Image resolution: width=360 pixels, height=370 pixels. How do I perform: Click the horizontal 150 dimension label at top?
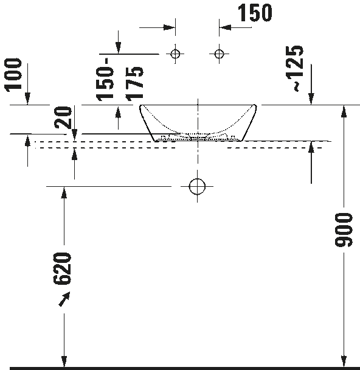[x=255, y=13]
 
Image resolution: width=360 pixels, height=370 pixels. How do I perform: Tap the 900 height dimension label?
[x=344, y=230]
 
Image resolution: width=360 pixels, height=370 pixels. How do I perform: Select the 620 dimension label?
[x=62, y=268]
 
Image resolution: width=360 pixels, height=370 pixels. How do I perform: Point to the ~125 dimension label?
[x=294, y=68]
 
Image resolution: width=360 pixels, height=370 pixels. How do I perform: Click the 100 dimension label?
[x=13, y=75]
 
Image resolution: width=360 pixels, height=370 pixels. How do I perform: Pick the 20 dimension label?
[x=63, y=117]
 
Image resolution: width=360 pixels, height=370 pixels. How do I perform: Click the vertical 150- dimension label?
[x=105, y=79]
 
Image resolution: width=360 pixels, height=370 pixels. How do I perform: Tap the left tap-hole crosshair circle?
[x=175, y=54]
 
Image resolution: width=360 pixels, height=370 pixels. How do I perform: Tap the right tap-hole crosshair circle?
[x=220, y=54]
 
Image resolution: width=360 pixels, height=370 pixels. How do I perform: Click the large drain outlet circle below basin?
[x=197, y=186]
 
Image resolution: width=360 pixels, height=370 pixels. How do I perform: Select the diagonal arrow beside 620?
[x=64, y=299]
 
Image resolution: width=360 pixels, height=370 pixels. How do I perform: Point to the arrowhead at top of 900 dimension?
[x=344, y=111]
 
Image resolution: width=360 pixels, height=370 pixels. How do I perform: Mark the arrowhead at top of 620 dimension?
[x=64, y=192]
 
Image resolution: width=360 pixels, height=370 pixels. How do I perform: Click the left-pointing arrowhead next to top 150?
[x=225, y=27]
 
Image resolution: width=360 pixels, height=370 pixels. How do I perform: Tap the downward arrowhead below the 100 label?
[x=27, y=99]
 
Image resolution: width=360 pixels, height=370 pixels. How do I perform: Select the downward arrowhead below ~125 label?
[x=311, y=99]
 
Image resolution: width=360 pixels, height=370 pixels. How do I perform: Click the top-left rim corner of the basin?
[x=140, y=105]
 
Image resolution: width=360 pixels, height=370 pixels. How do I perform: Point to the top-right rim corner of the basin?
[x=255, y=105]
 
